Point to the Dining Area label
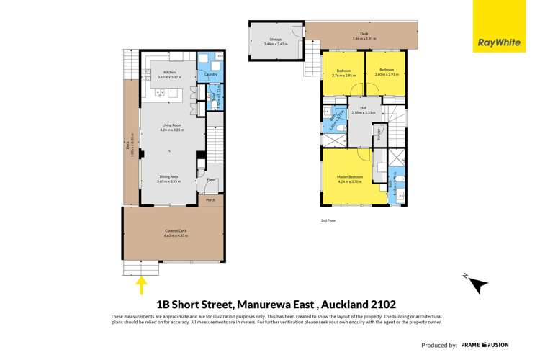coord(169,179)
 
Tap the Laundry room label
coord(211,74)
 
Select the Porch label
coord(211,199)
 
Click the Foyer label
coord(212,179)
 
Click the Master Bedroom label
coord(349,179)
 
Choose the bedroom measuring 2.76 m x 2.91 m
coord(343,73)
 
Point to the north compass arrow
coord(477,284)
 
